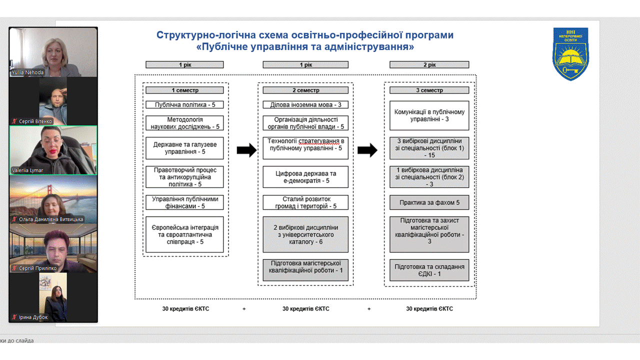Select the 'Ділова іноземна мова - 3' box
pyautogui.click(x=305, y=105)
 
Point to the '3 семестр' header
pyautogui.click(x=429, y=90)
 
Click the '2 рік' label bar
pyautogui.click(x=429, y=64)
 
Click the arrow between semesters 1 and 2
pyautogui.click(x=246, y=150)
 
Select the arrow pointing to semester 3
pyautogui.click(x=367, y=150)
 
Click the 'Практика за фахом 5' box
pyautogui.click(x=429, y=202)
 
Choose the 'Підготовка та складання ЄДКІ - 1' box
pyautogui.click(x=429, y=270)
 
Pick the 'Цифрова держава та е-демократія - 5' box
pyautogui.click(x=305, y=176)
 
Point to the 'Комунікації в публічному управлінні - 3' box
pyautogui.click(x=429, y=115)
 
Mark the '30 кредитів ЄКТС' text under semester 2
pyautogui.click(x=305, y=309)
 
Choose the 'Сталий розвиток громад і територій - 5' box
pyautogui.click(x=305, y=202)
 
